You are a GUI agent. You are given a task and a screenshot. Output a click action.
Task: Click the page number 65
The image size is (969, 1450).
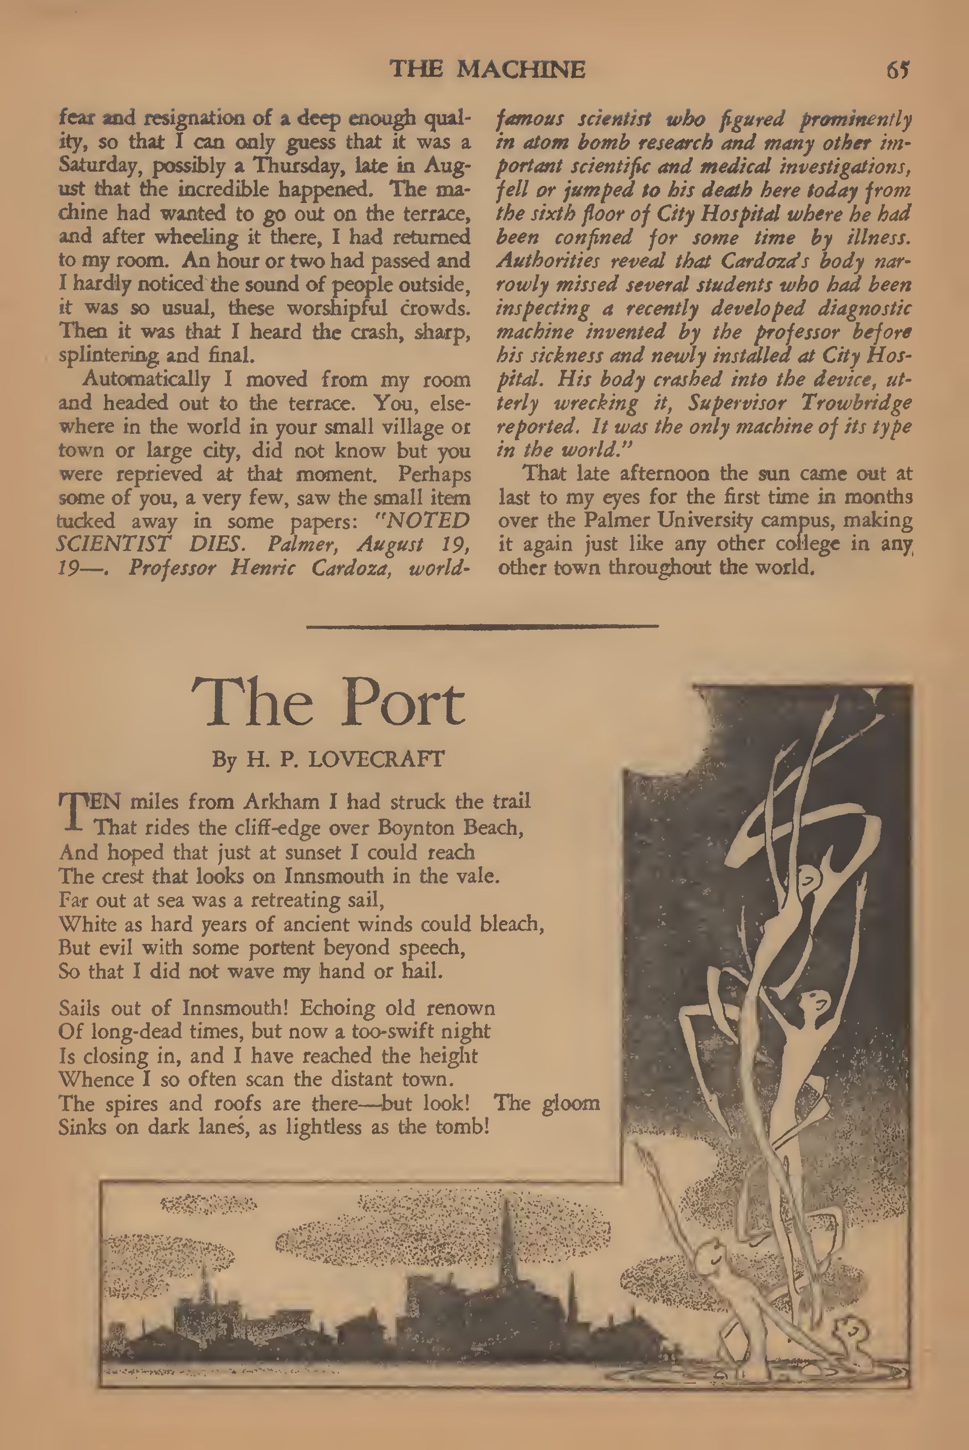click(897, 70)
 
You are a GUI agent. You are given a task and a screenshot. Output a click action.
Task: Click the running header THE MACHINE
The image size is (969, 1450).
click(487, 69)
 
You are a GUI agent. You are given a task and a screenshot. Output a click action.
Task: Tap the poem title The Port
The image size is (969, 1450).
click(328, 703)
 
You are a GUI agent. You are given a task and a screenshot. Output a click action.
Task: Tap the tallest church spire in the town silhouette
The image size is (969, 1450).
click(507, 1230)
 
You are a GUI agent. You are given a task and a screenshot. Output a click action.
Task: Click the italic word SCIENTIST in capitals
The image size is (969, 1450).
click(113, 544)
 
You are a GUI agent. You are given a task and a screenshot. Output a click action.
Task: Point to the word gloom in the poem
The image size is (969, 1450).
click(570, 1103)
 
